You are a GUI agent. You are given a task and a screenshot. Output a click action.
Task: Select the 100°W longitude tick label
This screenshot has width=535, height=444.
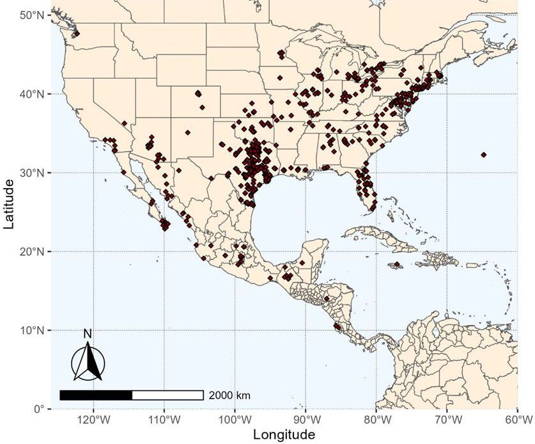(235, 420)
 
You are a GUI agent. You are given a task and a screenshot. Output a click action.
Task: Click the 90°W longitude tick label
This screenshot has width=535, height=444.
(306, 420)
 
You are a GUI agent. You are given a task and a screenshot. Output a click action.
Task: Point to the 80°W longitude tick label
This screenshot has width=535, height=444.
(377, 420)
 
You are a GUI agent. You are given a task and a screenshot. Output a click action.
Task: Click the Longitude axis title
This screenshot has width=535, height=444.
(284, 435)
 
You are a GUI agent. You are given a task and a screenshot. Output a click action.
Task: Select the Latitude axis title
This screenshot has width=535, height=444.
(9, 205)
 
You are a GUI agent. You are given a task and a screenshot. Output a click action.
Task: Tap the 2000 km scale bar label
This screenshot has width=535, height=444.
(229, 395)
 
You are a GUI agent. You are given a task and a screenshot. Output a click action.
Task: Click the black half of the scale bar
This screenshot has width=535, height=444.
(96, 395)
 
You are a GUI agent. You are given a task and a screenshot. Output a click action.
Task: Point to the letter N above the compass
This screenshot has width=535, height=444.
(88, 333)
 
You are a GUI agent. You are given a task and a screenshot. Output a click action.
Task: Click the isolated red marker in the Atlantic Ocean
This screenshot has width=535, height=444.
(484, 155)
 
